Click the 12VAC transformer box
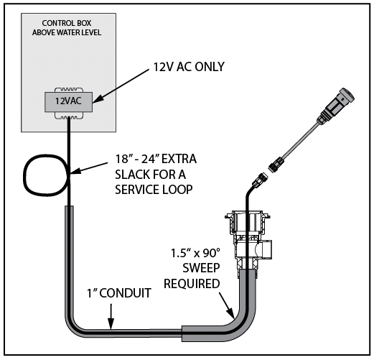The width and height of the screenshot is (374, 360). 68,102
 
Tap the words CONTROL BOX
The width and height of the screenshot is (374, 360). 67,23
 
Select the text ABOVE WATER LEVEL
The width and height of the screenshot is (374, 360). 67,32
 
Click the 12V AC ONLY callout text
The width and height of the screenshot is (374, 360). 189,67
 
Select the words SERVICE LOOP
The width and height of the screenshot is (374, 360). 154,190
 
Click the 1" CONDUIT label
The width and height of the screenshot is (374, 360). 119,293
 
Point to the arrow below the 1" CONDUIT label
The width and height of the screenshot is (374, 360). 111,317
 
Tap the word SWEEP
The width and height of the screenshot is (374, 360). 201,268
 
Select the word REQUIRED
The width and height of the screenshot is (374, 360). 192,284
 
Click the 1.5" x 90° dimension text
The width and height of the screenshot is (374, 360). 195,253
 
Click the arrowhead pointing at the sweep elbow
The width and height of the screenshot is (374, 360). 230,313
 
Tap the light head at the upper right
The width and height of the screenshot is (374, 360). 338,103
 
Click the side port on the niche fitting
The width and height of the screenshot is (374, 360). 267,249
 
